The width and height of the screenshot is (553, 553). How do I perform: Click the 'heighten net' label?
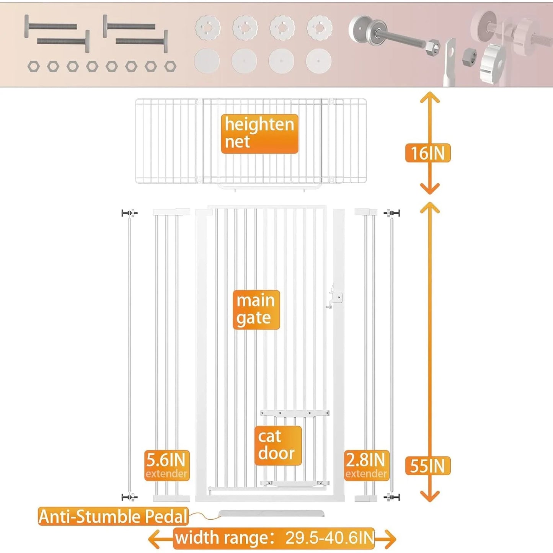pos(259,134)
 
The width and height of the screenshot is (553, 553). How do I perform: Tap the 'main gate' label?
pos(256,310)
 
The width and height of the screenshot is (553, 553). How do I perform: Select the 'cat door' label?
pos(278,445)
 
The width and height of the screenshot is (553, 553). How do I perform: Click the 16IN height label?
pos(427,153)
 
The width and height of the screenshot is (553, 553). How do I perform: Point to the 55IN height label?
pos(427,466)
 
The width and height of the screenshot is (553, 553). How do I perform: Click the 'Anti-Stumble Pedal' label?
pos(113,516)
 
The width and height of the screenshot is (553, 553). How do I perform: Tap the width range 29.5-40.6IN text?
pos(274,538)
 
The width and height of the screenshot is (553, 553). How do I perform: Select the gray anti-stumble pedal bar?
pos(271,513)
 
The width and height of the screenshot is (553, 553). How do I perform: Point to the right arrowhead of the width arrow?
pos(391,539)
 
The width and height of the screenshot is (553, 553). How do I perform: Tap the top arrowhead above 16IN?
pos(429,97)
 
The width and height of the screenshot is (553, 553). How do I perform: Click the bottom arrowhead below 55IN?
pos(429,497)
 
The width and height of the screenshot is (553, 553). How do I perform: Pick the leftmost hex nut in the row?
pos(34,67)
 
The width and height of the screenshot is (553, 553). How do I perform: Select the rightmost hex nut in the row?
pos(170,67)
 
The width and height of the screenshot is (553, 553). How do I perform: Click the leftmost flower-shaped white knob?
pos(208,28)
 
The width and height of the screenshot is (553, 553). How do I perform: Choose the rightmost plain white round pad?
pos(318,61)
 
